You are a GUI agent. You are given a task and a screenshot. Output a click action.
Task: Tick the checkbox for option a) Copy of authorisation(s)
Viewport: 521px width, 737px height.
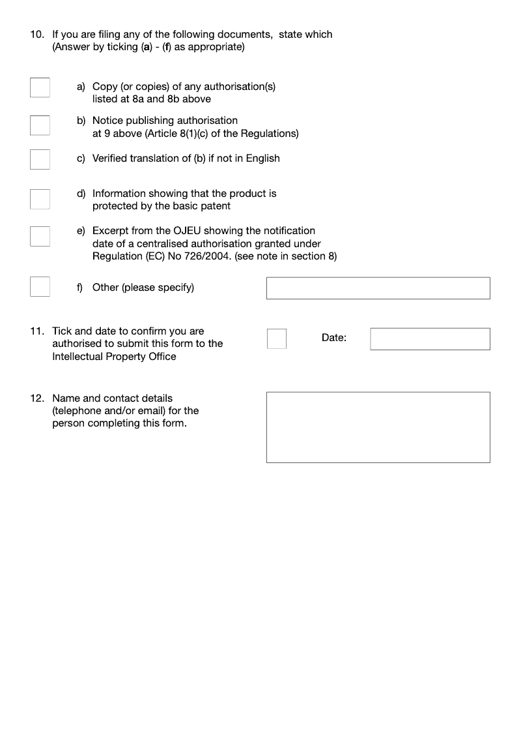[x=40, y=87]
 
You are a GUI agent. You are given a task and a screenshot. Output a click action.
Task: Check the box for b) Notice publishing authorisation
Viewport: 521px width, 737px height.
[x=40, y=125]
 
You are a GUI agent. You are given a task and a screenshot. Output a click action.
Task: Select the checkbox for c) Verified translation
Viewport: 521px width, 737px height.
[x=40, y=159]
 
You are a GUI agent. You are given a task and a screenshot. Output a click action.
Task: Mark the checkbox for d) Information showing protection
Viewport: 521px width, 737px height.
[x=40, y=199]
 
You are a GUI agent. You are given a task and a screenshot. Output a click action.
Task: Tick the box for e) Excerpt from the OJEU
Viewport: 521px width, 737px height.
[x=40, y=236]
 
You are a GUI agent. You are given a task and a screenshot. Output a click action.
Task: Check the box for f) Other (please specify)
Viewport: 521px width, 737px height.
[x=40, y=286]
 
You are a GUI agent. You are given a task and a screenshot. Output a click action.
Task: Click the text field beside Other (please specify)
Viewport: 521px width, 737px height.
[x=378, y=288]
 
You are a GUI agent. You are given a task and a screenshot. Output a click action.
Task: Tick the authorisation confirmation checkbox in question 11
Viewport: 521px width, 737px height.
[x=277, y=338]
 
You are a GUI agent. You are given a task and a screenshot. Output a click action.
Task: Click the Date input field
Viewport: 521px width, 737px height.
[x=430, y=338]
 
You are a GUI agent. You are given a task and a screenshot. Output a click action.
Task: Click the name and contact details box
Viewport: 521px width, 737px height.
[x=378, y=427]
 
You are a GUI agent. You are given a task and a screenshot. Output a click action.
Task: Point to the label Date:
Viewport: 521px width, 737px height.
[x=334, y=338]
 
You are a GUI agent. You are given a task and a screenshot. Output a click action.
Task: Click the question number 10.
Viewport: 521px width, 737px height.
[x=37, y=35]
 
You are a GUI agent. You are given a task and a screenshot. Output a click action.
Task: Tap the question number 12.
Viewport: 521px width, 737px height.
[x=37, y=398]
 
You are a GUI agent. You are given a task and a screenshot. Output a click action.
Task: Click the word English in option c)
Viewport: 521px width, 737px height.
[x=262, y=158]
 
